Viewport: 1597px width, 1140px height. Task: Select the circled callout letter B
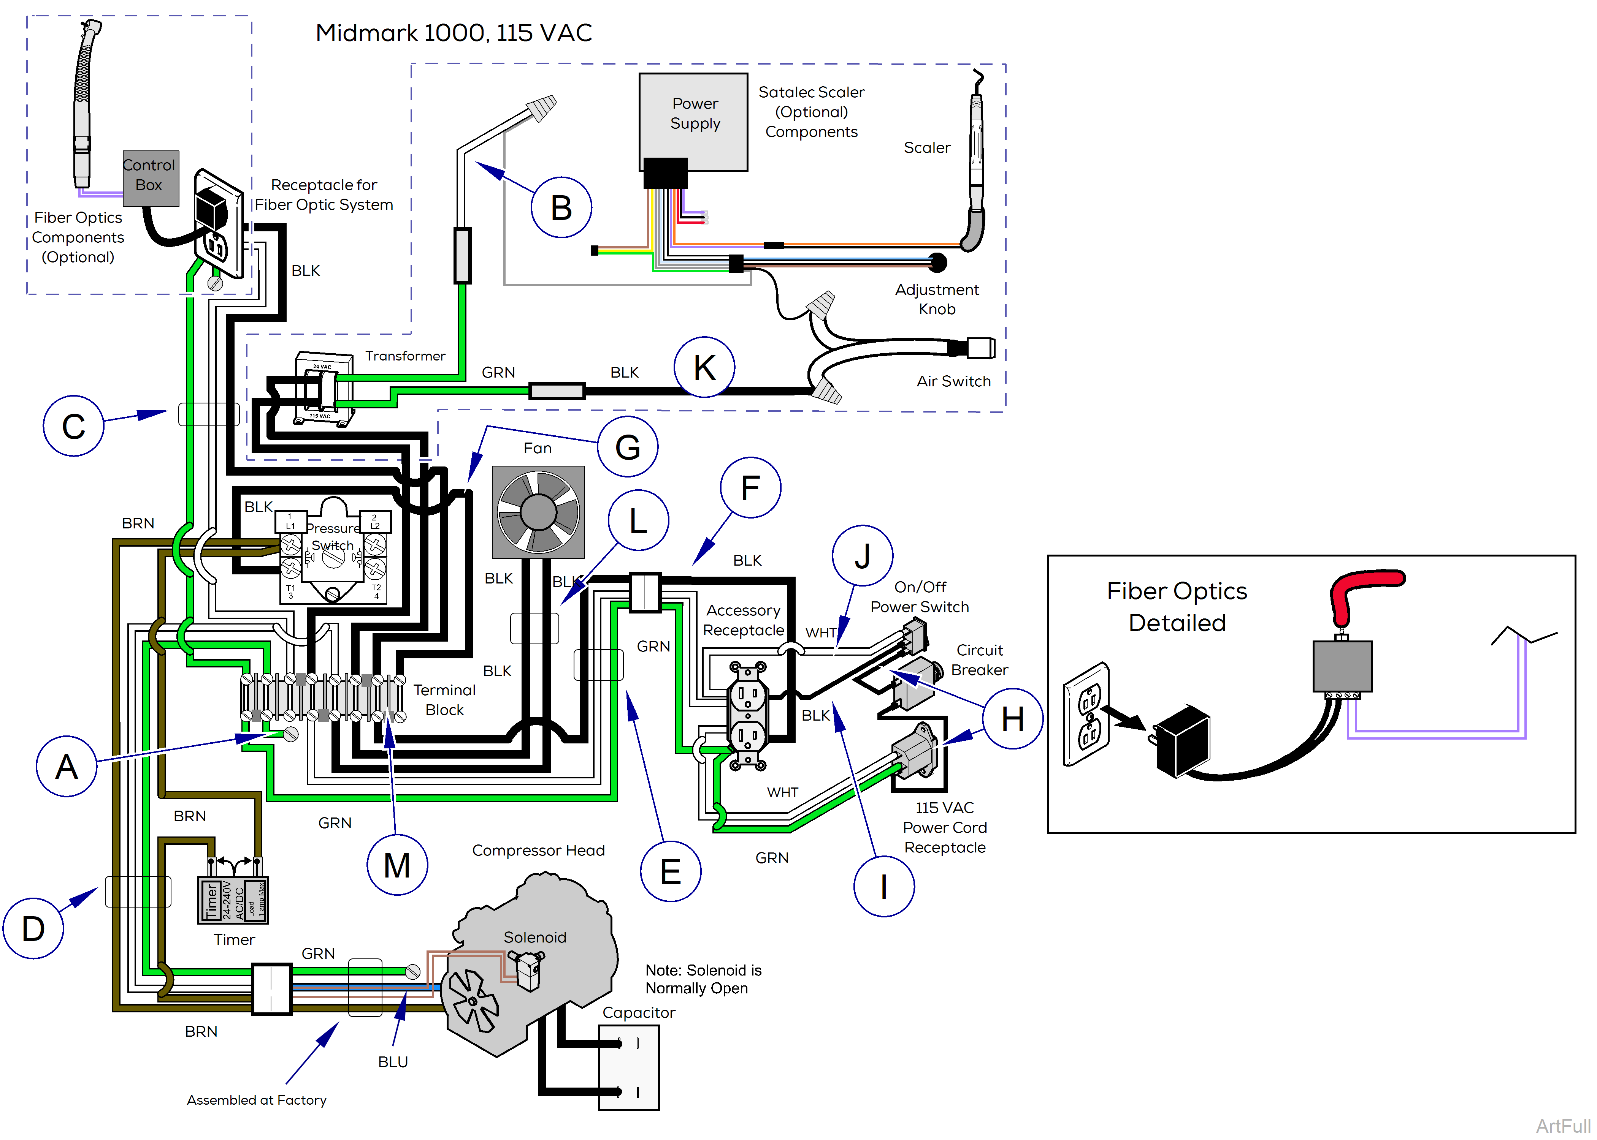pyautogui.click(x=561, y=208)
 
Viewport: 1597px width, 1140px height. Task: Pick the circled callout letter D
pyautogui.click(x=33, y=929)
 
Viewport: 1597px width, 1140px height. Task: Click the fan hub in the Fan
pyautogui.click(x=539, y=512)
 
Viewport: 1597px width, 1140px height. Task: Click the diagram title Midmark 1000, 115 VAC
pyautogui.click(x=454, y=32)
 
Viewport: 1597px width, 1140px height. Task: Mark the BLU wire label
pyautogui.click(x=393, y=1061)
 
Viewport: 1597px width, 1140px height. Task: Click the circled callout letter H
pyautogui.click(x=1012, y=719)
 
